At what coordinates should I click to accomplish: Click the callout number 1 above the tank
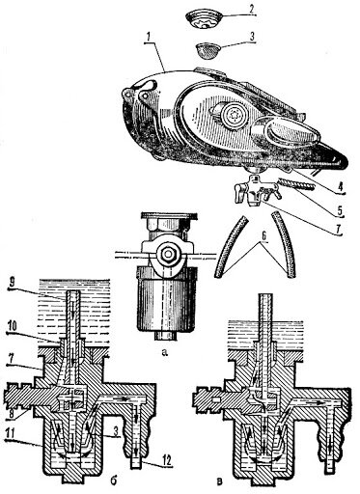coord(148,39)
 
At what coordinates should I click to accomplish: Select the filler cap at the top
coord(204,18)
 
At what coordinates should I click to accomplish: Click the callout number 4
coord(340,186)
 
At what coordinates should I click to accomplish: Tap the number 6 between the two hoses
coord(264,235)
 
